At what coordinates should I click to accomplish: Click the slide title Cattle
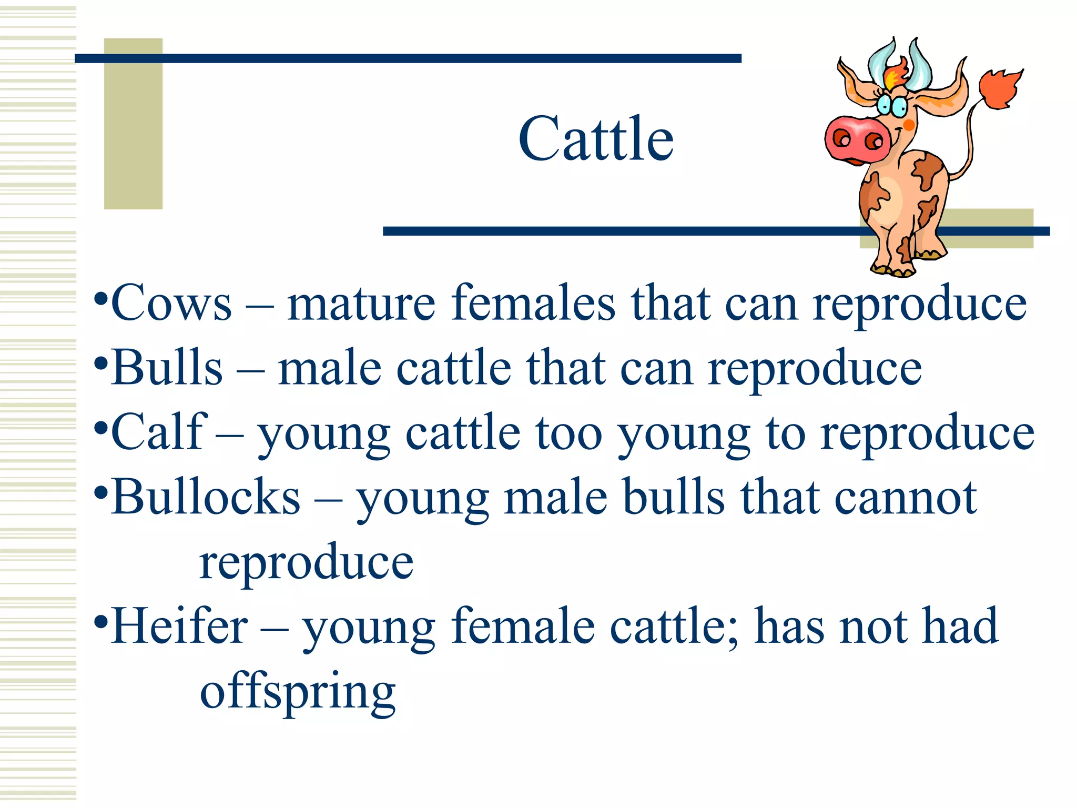point(596,139)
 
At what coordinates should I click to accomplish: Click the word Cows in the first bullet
point(171,303)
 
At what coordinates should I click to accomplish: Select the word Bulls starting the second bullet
point(167,368)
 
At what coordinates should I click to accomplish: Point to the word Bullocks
point(206,497)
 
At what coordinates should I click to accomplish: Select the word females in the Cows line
point(533,303)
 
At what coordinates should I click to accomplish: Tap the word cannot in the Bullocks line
point(906,497)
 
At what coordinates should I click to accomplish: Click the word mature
point(361,304)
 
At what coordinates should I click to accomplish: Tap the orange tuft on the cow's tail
point(999,89)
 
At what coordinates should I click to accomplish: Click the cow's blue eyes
point(891,105)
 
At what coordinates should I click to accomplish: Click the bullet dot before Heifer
point(101,624)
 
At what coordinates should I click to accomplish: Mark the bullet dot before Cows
point(101,301)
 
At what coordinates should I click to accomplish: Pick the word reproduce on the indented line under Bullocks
point(306,562)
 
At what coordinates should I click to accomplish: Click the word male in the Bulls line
point(329,368)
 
